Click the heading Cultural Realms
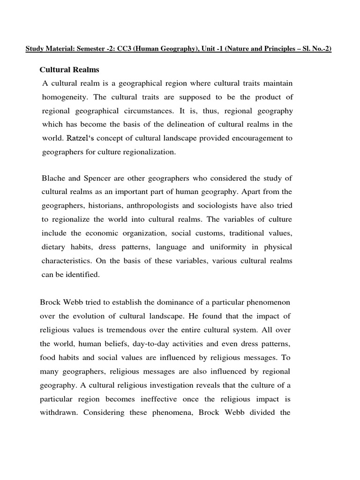pos(69,70)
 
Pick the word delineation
pos(180,124)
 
